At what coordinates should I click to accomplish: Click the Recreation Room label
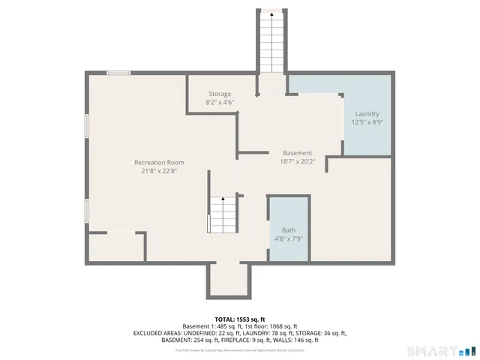158,162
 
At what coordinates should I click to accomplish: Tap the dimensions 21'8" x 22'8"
158,170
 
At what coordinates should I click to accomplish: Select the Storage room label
220,94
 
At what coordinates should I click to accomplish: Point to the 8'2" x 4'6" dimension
220,102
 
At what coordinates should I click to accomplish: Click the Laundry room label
367,113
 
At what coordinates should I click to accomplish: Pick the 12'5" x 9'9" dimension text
367,121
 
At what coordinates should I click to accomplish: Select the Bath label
289,230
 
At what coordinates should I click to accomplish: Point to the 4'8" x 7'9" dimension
289,238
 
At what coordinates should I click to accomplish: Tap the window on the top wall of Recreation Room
118,73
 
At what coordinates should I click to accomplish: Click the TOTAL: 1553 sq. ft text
240,319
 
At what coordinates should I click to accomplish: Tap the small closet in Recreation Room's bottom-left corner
115,247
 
